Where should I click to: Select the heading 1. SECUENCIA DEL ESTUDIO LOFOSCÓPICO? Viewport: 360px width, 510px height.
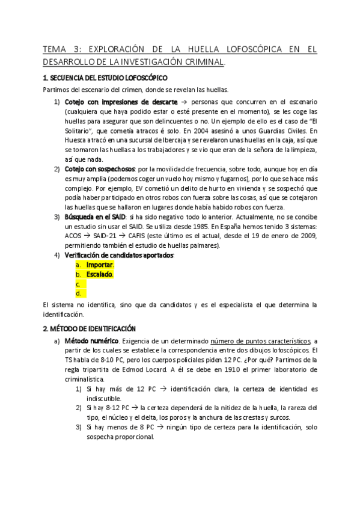coord(105,78)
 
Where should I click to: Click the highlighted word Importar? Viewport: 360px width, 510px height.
coord(100,265)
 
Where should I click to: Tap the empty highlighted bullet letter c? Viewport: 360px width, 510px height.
coord(78,284)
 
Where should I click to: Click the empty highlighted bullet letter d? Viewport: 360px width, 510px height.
coord(78,293)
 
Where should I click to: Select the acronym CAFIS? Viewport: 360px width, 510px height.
coord(144,235)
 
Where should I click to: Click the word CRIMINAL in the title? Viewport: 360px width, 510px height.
coord(201,61)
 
